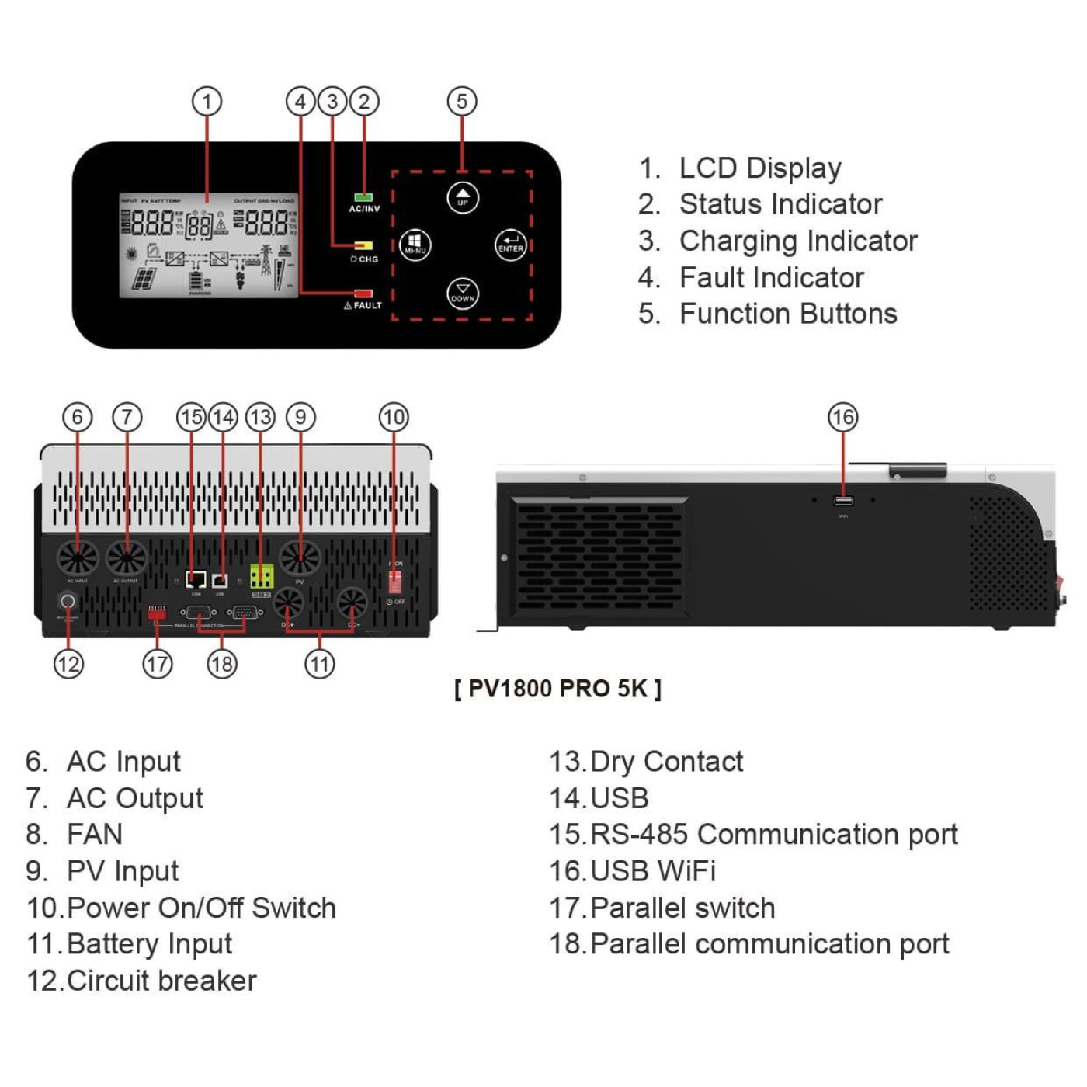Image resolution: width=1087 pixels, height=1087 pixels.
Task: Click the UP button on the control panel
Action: click(463, 197)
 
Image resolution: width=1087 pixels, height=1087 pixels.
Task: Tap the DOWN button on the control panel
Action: click(463, 293)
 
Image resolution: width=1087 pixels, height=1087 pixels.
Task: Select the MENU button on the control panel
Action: click(415, 245)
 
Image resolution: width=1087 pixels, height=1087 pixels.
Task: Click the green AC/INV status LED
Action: click(363, 197)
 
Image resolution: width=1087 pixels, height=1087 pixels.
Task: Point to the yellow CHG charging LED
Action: click(363, 245)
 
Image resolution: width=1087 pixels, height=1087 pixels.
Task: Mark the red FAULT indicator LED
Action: click(363, 293)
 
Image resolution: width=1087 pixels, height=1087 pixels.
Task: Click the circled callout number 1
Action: click(207, 102)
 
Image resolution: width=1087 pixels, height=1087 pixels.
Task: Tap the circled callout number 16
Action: click(842, 418)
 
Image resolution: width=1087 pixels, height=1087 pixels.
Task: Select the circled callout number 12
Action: click(68, 664)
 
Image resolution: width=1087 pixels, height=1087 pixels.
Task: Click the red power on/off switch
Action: click(394, 582)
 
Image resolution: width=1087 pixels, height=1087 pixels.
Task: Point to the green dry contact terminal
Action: click(261, 577)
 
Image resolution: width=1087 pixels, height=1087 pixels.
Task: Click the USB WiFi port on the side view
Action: click(843, 501)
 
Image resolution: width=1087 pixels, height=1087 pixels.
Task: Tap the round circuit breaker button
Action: click(68, 601)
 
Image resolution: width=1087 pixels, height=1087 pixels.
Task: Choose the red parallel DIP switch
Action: click(157, 613)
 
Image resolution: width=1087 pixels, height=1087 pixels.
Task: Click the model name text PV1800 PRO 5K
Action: click(557, 689)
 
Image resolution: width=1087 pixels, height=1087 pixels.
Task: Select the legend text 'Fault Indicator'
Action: click(771, 278)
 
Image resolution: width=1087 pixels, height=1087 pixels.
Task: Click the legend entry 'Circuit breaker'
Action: click(161, 981)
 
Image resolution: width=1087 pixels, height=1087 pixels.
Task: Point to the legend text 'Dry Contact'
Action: click(666, 762)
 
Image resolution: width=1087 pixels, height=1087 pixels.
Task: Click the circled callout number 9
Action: click(300, 418)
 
